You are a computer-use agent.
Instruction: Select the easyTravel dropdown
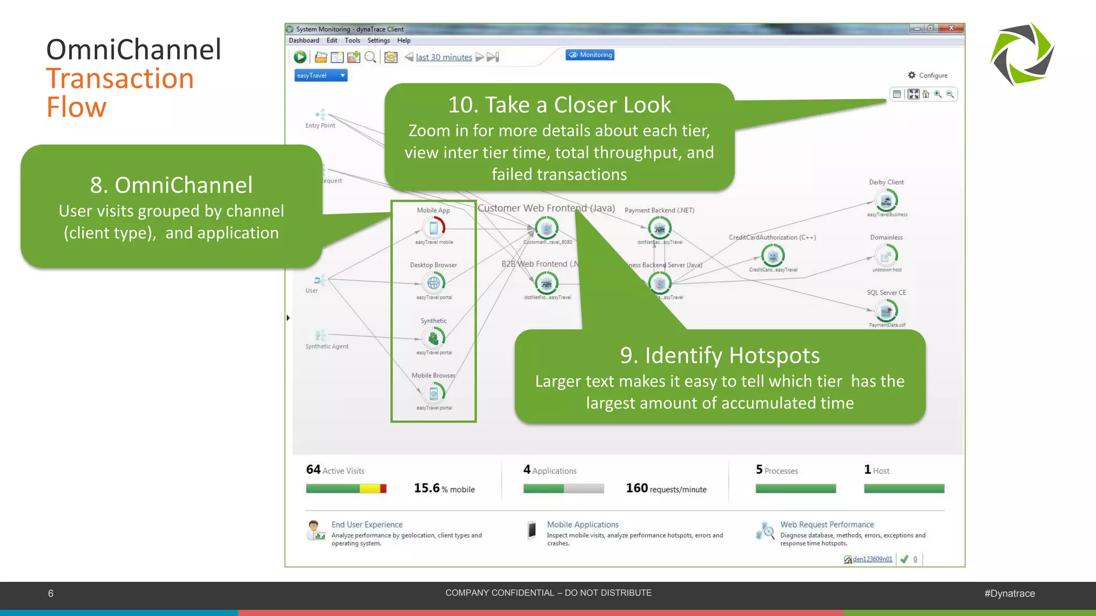pyautogui.click(x=321, y=75)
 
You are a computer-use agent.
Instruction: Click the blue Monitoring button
pyautogui.click(x=590, y=55)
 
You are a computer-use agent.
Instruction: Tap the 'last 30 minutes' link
pyautogui.click(x=444, y=57)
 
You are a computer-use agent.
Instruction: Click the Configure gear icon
pyautogui.click(x=912, y=75)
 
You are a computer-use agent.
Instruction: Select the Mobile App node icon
pyautogui.click(x=433, y=228)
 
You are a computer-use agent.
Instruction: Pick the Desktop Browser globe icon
pyautogui.click(x=433, y=282)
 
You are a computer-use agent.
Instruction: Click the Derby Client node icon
pyautogui.click(x=886, y=201)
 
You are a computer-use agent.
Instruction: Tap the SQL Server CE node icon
pyautogui.click(x=886, y=311)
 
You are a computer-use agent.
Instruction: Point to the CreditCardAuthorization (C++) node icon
pyautogui.click(x=773, y=256)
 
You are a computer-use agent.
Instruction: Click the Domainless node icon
pyautogui.click(x=886, y=256)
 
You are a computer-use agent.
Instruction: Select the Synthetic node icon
pyautogui.click(x=433, y=337)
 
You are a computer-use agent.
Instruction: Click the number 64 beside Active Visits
pyautogui.click(x=313, y=469)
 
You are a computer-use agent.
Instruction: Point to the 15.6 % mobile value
pyautogui.click(x=444, y=488)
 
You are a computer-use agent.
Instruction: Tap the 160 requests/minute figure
pyautogui.click(x=666, y=488)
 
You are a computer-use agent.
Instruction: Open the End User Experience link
pyautogui.click(x=367, y=525)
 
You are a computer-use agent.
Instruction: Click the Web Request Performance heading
pyautogui.click(x=827, y=525)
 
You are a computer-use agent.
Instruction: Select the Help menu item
pyautogui.click(x=404, y=41)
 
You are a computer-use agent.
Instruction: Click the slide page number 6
pyautogui.click(x=51, y=594)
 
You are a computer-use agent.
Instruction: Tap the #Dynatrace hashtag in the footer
pyautogui.click(x=1009, y=594)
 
